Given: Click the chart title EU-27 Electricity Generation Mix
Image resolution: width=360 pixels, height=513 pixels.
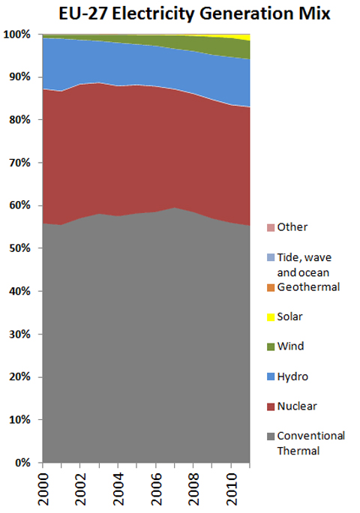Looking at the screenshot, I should tap(180, 13).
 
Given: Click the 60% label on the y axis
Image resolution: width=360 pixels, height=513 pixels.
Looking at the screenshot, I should tap(19, 205).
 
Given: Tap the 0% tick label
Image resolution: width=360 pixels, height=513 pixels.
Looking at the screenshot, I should tap(22, 463).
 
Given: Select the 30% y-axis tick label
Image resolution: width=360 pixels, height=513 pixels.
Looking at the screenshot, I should tap(19, 334).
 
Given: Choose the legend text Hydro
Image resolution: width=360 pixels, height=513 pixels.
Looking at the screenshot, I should tap(292, 376).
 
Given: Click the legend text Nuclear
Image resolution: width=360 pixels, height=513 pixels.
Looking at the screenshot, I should tap(297, 406).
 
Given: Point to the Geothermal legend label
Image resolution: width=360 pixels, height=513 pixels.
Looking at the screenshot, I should tap(308, 286).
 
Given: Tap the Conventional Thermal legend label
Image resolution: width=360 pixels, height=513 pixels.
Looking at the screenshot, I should tap(310, 442).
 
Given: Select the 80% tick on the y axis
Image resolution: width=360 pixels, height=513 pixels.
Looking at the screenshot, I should tap(19, 120).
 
